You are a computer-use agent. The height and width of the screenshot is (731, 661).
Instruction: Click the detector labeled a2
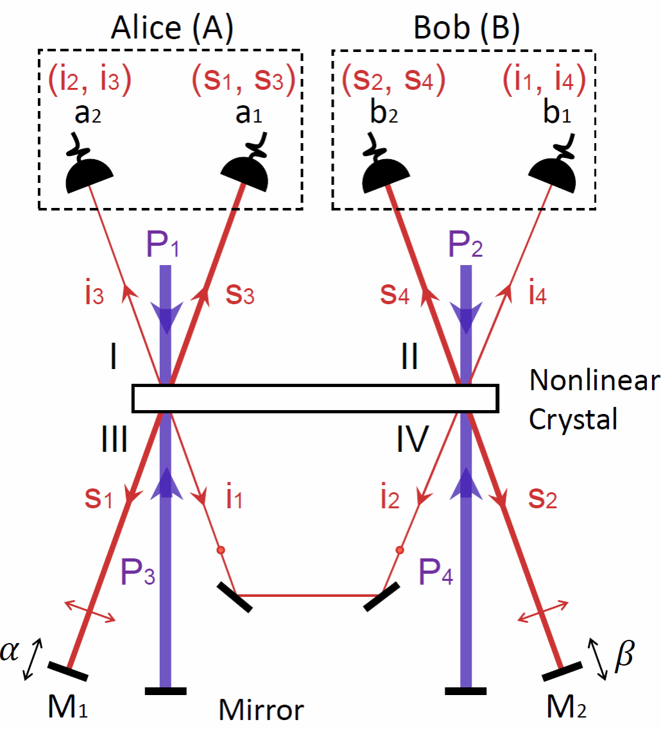click(90, 173)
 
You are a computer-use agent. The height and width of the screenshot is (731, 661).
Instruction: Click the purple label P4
click(436, 574)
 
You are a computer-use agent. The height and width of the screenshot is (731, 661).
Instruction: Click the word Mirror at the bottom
click(261, 711)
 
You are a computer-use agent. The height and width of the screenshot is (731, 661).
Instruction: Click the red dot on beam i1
click(220, 550)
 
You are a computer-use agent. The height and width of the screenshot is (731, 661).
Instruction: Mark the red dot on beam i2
click(400, 550)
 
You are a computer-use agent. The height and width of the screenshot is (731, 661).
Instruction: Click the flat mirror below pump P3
click(166, 691)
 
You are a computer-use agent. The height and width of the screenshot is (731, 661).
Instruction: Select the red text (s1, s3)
click(243, 80)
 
